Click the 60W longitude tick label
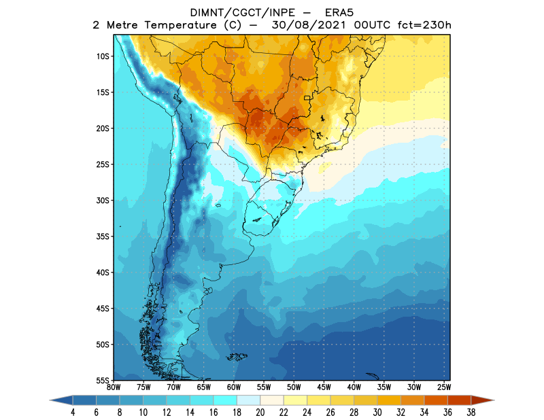(x=233, y=387)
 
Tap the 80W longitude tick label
(x=114, y=387)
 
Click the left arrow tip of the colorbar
(x=50, y=401)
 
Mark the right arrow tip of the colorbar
(x=494, y=401)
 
